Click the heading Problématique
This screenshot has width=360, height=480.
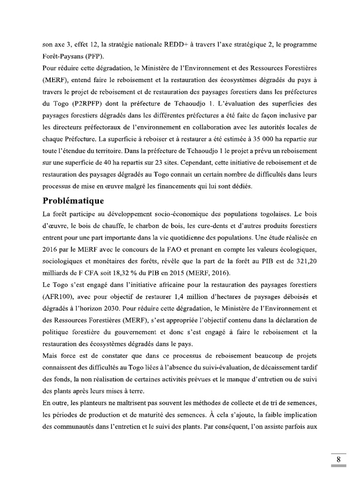(x=73, y=201)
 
